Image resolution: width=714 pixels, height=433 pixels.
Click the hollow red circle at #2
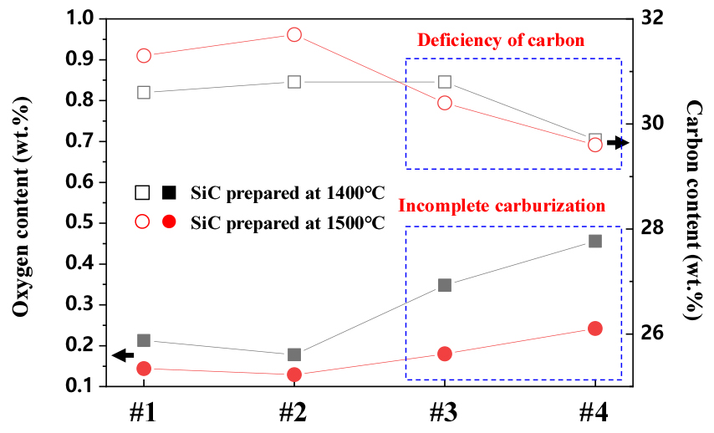[x=294, y=35]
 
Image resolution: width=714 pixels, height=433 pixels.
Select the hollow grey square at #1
[x=144, y=92]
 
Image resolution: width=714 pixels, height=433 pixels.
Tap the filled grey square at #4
[x=595, y=241]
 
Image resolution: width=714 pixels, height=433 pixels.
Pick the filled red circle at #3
[x=445, y=354]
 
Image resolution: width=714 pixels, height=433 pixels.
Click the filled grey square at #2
[x=294, y=354]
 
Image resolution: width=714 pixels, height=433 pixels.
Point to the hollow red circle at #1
[x=144, y=56]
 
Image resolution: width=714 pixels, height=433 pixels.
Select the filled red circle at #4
[x=595, y=329]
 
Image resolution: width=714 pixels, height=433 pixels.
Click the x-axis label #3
[x=444, y=412]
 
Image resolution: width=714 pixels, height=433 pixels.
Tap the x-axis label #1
[x=144, y=412]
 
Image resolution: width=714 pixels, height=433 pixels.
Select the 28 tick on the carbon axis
[x=646, y=228]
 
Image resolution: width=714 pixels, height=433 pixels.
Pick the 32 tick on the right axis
[x=646, y=18]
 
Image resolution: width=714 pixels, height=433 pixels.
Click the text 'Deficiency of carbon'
[x=500, y=40]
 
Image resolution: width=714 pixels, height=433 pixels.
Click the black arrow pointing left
[x=123, y=355]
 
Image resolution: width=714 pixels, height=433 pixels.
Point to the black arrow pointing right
[x=617, y=144]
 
